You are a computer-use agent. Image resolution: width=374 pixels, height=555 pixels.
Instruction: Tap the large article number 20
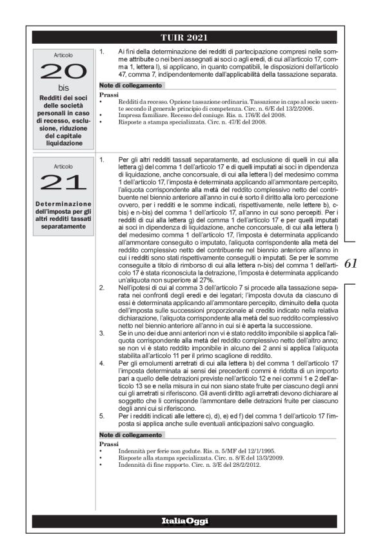pos(64,71)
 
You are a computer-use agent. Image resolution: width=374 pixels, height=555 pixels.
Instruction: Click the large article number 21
pos(64,182)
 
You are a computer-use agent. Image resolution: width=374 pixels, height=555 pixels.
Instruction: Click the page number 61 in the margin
pos(352,263)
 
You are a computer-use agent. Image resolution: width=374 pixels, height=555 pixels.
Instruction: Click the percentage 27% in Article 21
pos(204,281)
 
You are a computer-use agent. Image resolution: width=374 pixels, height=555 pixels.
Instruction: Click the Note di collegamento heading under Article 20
pos(131,85)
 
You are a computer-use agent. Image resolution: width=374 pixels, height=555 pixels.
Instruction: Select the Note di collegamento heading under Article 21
pos(131,435)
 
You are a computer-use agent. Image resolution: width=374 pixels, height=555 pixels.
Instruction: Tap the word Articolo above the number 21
pos(64,165)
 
